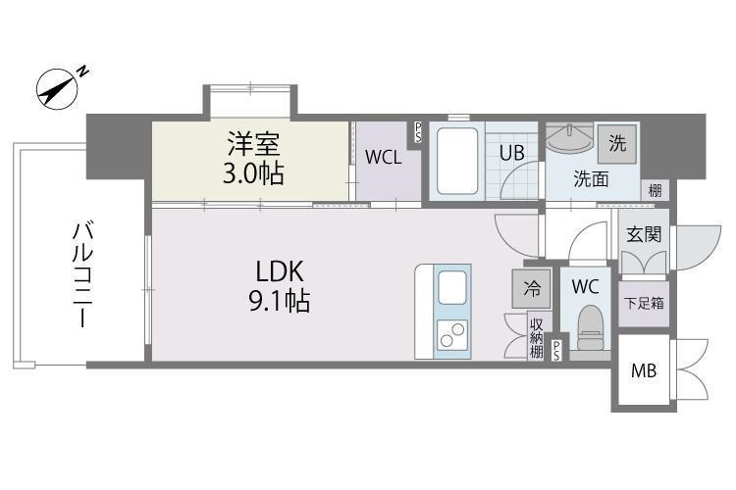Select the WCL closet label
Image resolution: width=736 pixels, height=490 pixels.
point(383,158)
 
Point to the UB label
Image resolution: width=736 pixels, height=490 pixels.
point(510,153)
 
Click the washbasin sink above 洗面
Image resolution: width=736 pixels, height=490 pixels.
point(570,141)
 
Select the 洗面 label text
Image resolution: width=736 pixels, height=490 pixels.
point(591,179)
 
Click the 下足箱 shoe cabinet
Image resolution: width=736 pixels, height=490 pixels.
point(643,303)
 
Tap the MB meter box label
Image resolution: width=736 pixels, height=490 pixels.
point(644,372)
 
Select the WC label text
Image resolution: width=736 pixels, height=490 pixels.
point(585,287)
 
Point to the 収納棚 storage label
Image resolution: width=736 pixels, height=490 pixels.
point(537,335)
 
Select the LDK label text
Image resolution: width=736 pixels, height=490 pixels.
point(283,271)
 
